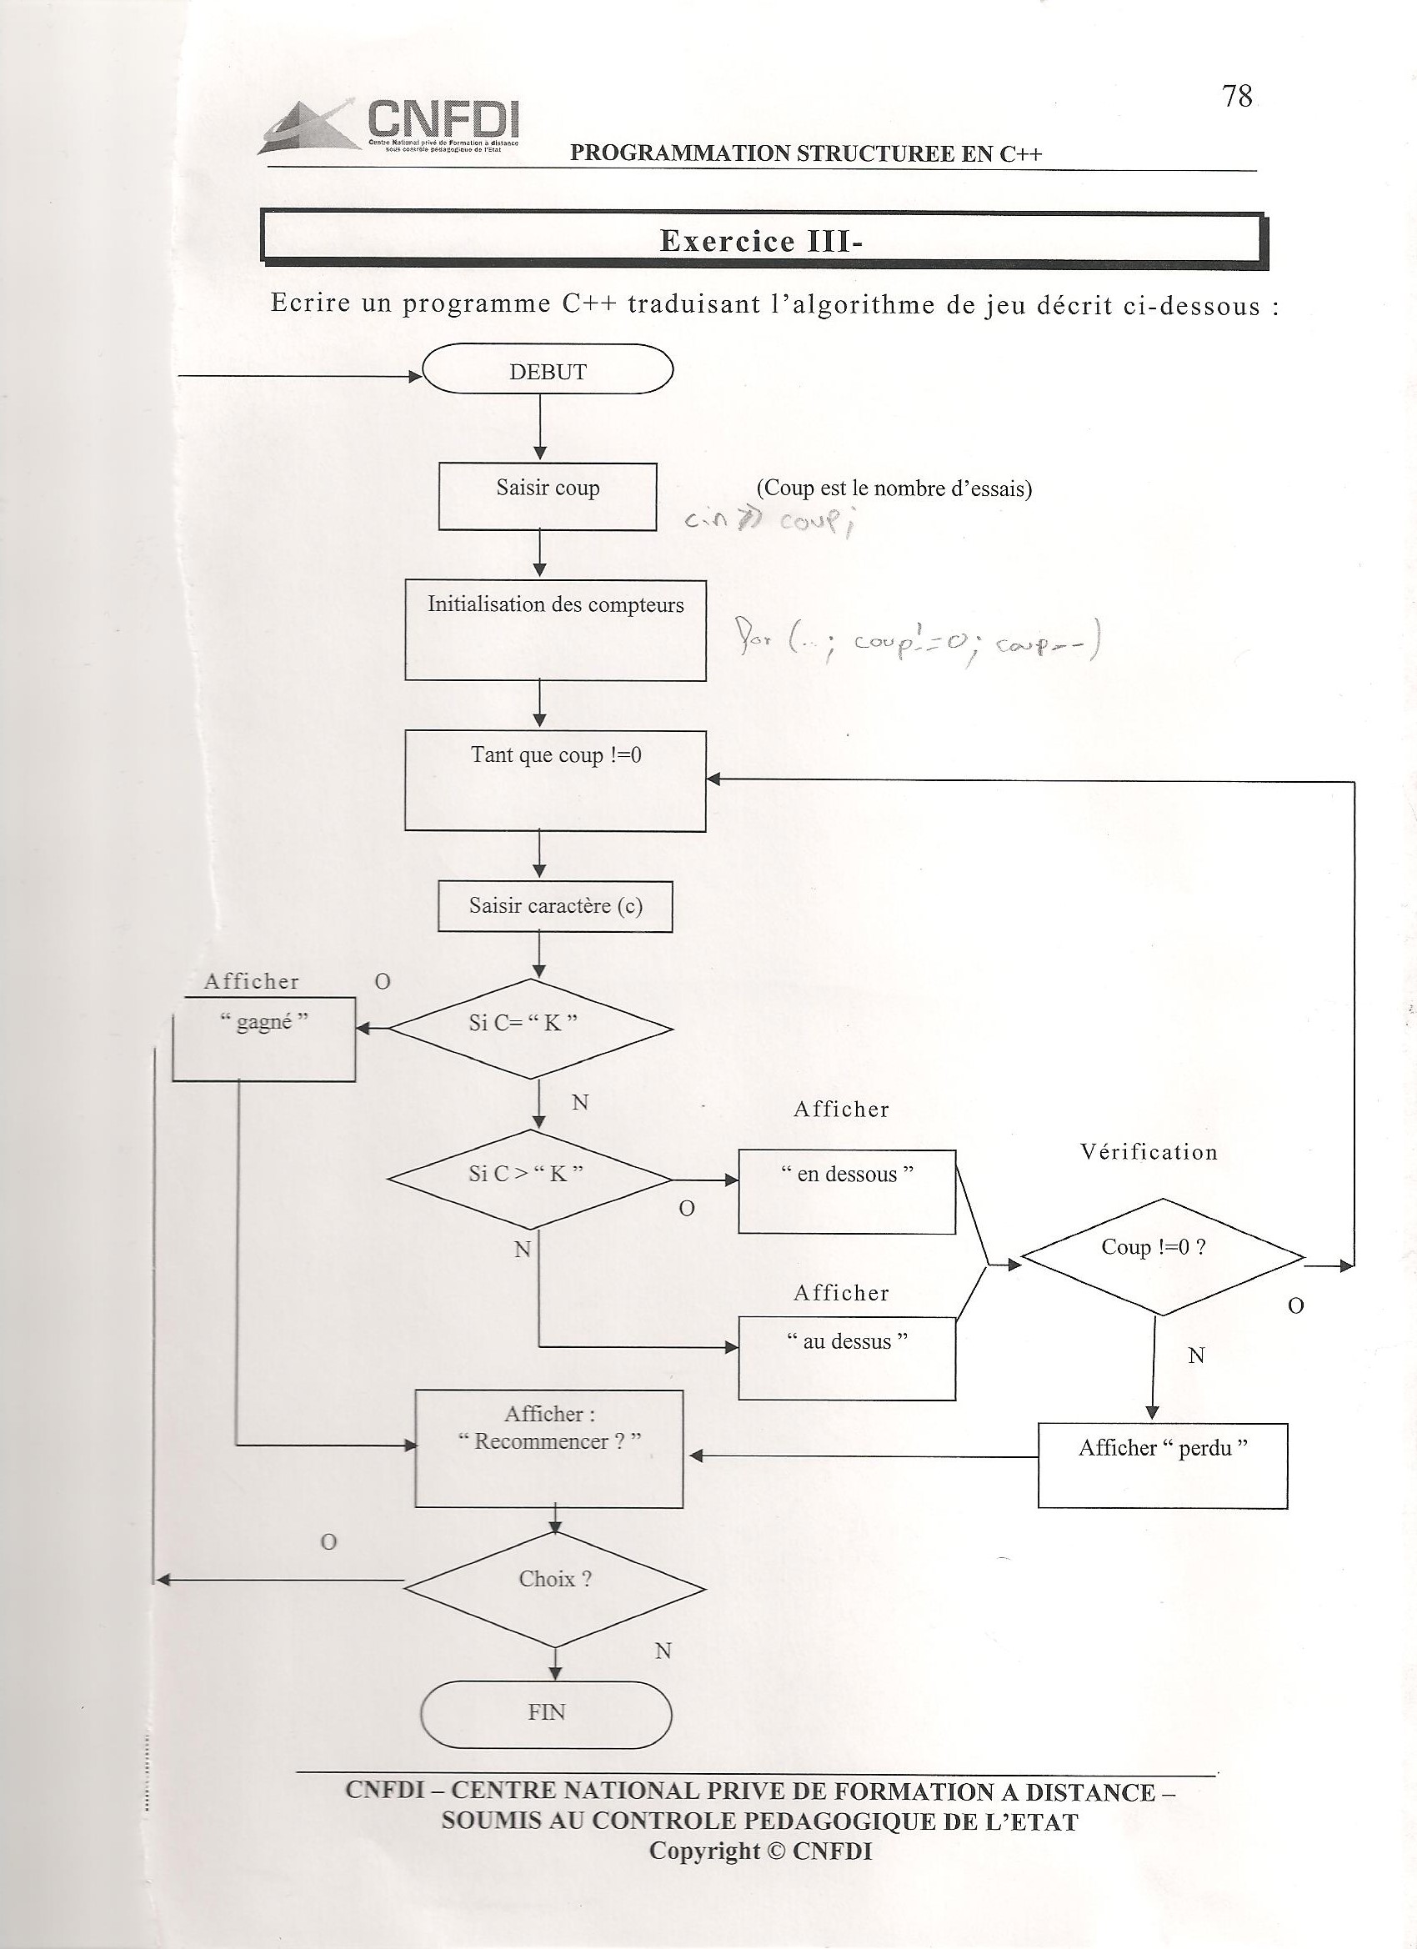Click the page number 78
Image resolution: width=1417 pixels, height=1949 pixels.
coord(1238,96)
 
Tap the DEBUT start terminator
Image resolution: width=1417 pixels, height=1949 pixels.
coord(548,370)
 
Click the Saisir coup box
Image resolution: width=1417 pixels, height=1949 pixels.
coord(548,496)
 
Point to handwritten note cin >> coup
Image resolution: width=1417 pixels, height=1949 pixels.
coord(769,523)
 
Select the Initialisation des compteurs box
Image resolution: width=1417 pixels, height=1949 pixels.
coord(555,629)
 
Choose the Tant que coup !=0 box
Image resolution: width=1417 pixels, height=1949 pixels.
coord(555,779)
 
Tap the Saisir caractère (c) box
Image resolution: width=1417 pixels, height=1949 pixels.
coord(555,906)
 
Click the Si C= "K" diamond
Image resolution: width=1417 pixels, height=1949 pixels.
coord(530,1028)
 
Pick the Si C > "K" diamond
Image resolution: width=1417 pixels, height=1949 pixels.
coord(530,1178)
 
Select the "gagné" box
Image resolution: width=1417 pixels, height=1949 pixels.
coord(263,1038)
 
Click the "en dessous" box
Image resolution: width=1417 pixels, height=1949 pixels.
coord(846,1191)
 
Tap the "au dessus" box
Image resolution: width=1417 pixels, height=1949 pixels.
coord(846,1358)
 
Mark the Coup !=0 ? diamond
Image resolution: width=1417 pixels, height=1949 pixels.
coord(1162,1255)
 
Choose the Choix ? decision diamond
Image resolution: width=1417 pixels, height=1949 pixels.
coord(555,1579)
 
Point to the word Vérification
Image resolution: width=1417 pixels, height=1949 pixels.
coord(1149,1152)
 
